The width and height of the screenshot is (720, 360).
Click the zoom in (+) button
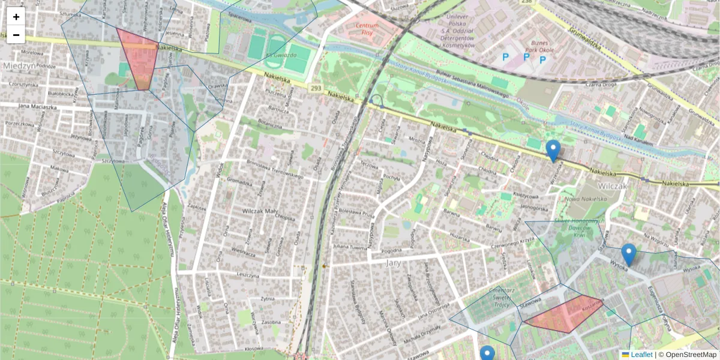click(x=16, y=17)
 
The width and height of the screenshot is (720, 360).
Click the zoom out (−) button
click(x=16, y=35)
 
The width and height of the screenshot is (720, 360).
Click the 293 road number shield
click(x=316, y=89)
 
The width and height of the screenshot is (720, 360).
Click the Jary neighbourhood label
click(x=393, y=263)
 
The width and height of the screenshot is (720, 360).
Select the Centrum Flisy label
click(x=367, y=29)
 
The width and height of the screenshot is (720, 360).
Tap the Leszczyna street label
click(x=251, y=274)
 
